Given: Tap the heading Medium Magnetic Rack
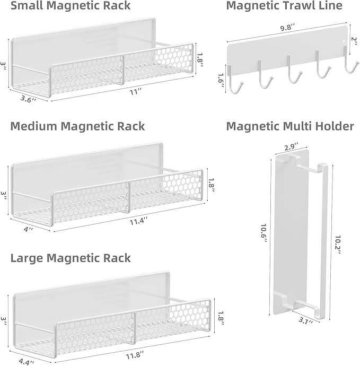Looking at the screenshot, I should (x=77, y=126).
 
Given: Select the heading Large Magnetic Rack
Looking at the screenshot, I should (x=71, y=258).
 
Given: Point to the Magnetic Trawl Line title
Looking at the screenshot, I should (x=284, y=6).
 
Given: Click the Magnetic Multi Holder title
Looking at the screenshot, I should (x=290, y=126).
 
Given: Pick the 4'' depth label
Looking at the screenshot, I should (x=29, y=229).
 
